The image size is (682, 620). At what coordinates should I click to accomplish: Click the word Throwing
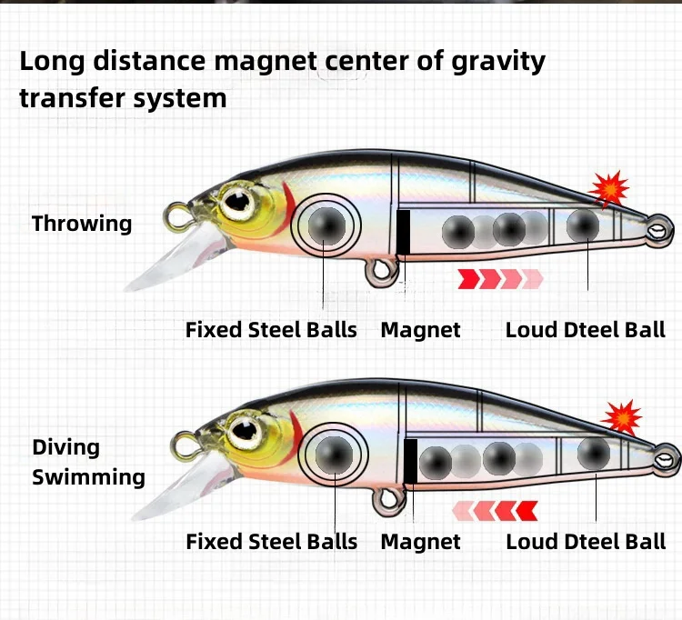click(82, 224)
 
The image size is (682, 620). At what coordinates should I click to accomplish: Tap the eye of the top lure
click(239, 201)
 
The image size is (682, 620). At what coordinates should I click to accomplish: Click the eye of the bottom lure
click(243, 429)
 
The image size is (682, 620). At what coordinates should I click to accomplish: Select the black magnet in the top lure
click(403, 232)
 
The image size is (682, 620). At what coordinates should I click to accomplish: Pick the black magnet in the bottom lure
click(410, 460)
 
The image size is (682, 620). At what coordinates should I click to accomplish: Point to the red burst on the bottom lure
click(622, 416)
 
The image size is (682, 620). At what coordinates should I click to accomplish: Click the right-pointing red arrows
click(499, 278)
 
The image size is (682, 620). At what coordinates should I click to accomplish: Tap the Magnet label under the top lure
click(420, 330)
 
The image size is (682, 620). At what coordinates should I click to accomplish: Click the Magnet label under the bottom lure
click(420, 542)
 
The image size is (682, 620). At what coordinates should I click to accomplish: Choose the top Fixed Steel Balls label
click(271, 330)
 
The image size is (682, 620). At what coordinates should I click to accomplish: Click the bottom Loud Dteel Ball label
click(586, 542)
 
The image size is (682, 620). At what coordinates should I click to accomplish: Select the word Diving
click(65, 447)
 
